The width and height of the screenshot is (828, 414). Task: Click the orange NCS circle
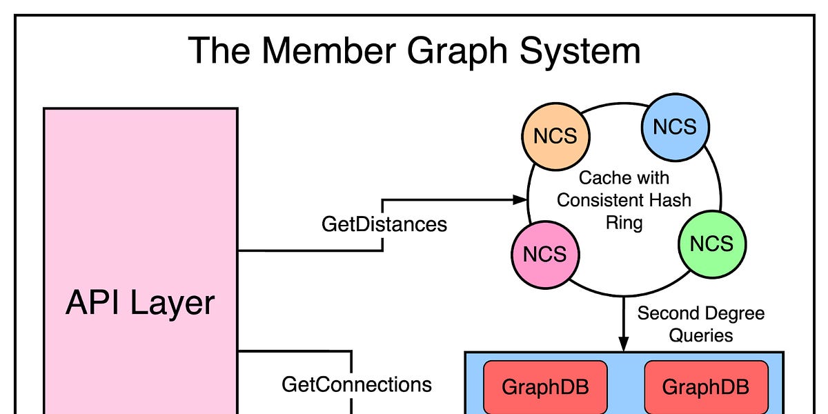pos(555,135)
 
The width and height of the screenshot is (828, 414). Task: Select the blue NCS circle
pos(675,126)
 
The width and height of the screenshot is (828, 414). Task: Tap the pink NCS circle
pos(544,254)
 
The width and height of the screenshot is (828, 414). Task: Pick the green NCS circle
pos(711,243)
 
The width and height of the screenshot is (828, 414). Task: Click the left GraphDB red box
pos(545,386)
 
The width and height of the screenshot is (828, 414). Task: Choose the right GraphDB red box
pos(705,386)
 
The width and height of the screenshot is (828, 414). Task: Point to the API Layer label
pos(140,303)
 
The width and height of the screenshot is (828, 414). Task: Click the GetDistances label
pos(384,224)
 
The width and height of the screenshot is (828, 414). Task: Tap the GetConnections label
pos(357,384)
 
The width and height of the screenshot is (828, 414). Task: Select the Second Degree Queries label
pos(700,324)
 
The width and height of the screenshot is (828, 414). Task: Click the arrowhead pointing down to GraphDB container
pos(624,345)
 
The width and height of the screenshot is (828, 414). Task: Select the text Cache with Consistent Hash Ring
pos(624,200)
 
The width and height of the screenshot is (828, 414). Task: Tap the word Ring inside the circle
pos(624,223)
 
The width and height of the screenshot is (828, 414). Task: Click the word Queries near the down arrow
pos(700,335)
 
